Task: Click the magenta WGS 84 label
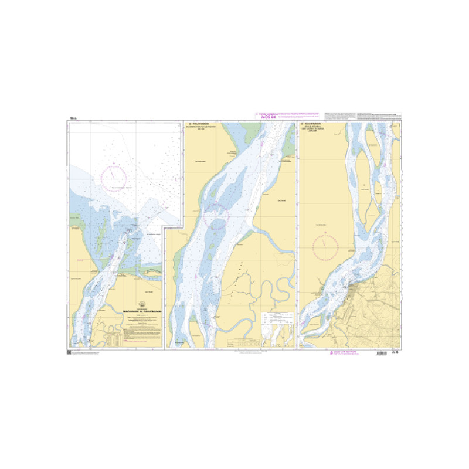pos(267,118)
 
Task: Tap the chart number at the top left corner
pos(73,119)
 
